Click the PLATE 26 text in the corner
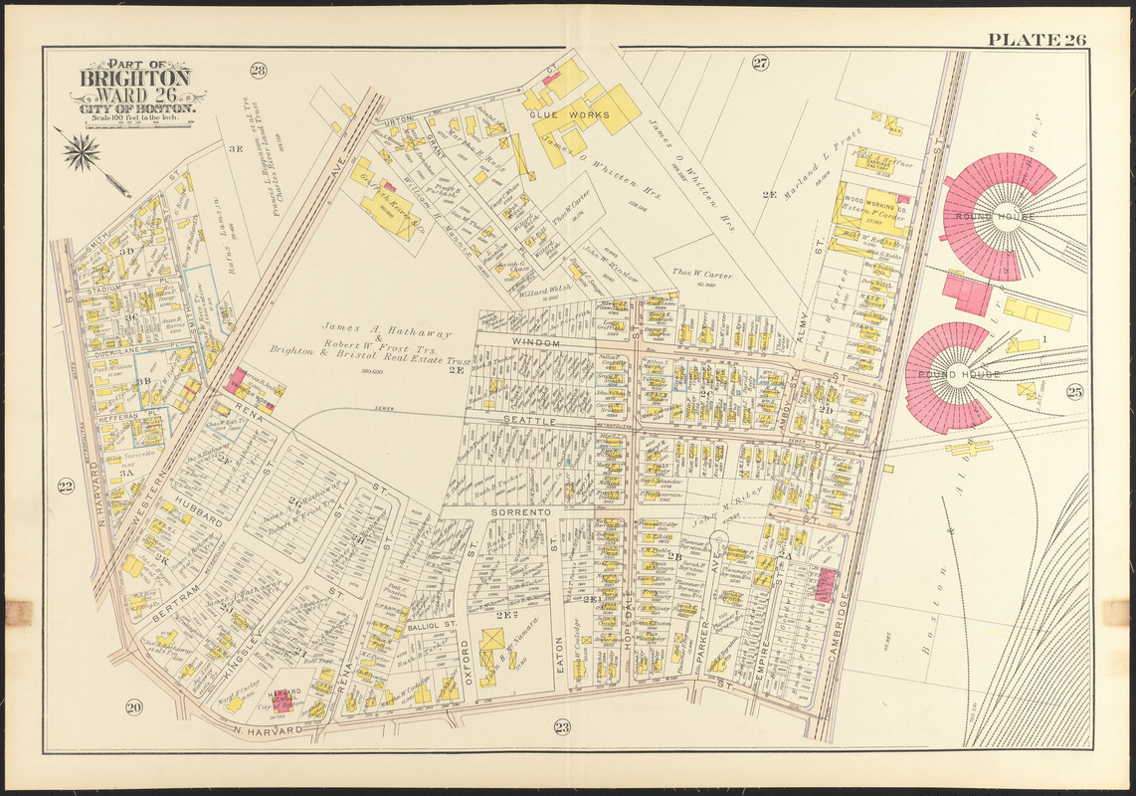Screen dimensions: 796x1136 click(1037, 40)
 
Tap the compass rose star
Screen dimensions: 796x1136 click(82, 152)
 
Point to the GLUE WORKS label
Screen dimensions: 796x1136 click(561, 114)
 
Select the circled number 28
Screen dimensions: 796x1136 click(259, 70)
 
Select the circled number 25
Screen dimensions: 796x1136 click(1074, 392)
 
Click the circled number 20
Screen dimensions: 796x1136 click(133, 707)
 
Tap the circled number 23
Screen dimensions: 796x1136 click(562, 727)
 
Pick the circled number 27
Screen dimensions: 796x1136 click(760, 64)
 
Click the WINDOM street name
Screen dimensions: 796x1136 click(536, 341)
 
